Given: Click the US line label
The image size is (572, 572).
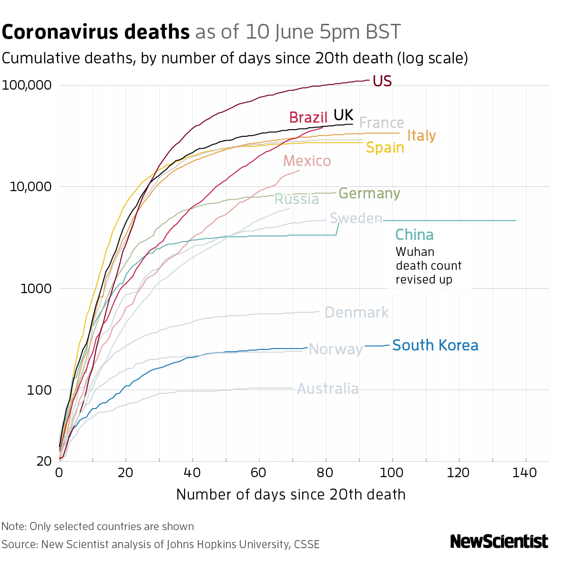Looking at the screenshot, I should pos(382,82).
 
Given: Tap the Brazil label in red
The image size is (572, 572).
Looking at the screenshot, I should pos(308,117).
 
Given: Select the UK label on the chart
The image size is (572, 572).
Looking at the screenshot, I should pos(343,115).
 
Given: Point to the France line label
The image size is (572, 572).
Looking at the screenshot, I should pos(381,123).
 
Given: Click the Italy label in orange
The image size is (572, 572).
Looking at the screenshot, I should pos(421,136).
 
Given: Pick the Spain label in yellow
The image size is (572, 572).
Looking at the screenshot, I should pos(385,148).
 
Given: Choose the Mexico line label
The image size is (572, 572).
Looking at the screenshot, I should pos(307,161).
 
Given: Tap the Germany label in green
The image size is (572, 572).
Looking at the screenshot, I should pos(369,194).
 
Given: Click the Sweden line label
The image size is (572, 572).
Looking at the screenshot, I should pos(356,219).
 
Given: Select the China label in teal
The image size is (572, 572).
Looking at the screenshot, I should pos(414,235).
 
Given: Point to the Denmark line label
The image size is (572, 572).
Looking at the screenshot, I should pos(357,313).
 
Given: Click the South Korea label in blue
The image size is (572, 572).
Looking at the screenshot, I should pos(435,346).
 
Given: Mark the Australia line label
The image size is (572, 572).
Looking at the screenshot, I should pos(328,389).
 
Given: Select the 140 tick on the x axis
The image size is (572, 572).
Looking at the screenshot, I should pos(526,473).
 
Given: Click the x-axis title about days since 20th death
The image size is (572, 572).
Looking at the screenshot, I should pos(291,495).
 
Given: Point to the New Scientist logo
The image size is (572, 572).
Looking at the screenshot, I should pos(499,541).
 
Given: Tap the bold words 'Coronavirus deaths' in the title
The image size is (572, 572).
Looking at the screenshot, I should pos(96,32).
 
